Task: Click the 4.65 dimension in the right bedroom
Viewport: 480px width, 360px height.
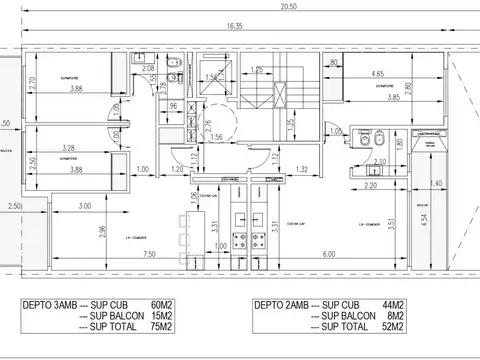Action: pos(376,73)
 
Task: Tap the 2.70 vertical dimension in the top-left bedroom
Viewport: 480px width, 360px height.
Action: pos(31,85)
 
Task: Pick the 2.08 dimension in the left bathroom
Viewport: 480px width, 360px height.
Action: pos(148,69)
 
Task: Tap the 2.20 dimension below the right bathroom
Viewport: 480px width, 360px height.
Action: pos(370,185)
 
